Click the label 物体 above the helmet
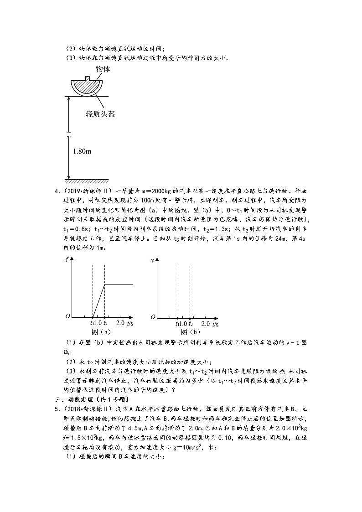103,69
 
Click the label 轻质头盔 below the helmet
99,114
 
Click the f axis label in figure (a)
67,260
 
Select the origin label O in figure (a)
67,316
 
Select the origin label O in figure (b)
153,316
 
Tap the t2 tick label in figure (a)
106,323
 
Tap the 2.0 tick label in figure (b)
205,323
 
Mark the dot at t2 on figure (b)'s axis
189,316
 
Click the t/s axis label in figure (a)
130,323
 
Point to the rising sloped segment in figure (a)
99,300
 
